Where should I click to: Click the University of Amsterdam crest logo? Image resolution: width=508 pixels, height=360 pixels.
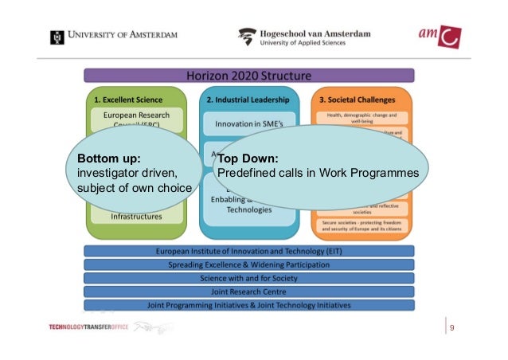(57, 37)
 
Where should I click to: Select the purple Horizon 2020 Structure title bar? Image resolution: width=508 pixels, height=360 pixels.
(249, 76)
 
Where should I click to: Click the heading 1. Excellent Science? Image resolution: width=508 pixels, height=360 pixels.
(128, 100)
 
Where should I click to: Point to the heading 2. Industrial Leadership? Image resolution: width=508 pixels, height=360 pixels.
(248, 100)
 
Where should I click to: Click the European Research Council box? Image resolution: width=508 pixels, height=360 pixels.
(136, 120)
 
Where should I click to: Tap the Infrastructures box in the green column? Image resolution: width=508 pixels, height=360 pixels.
(136, 216)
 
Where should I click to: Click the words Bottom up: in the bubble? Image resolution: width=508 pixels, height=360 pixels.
(104, 158)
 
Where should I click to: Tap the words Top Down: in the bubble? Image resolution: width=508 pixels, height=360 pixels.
(247, 158)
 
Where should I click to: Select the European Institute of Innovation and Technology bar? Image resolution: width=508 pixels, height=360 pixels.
(249, 251)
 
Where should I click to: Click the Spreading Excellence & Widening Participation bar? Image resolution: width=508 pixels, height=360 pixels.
(249, 264)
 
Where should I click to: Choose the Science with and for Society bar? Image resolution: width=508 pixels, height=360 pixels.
(249, 278)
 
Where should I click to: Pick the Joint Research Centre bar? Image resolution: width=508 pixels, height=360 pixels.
(249, 292)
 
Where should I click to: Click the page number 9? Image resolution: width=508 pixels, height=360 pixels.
(452, 327)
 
